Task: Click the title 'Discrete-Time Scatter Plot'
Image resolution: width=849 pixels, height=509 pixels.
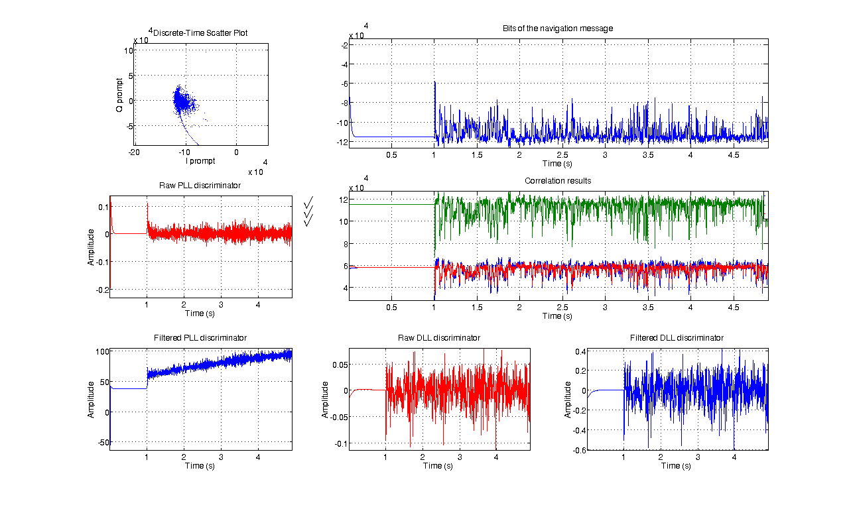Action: [x=201, y=32]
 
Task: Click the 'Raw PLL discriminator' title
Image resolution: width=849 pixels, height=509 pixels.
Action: [x=200, y=185]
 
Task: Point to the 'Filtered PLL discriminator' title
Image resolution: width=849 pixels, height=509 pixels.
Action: [x=200, y=338]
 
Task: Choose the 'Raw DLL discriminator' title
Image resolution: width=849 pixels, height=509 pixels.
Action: [x=438, y=338]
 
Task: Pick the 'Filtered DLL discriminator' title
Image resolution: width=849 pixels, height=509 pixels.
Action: [x=677, y=338]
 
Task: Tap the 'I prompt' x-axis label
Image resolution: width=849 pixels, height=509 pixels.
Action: [x=200, y=160]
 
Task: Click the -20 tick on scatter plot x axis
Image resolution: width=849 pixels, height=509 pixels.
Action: [x=134, y=152]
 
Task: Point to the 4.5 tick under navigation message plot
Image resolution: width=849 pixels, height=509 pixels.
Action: [x=734, y=154]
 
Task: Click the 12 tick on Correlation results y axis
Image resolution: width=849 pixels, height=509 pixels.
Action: [x=343, y=199]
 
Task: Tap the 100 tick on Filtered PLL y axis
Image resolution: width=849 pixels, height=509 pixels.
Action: [x=101, y=351]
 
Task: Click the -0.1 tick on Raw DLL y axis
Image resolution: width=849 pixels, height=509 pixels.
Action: [x=338, y=444]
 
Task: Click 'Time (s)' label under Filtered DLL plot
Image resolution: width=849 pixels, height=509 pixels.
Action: [x=677, y=465]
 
